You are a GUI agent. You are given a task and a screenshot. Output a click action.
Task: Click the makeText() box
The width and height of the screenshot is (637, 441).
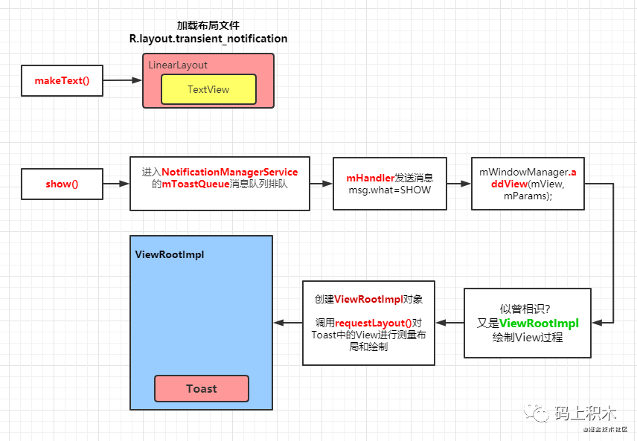(x=63, y=80)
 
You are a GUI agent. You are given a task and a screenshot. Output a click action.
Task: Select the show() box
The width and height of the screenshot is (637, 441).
(x=63, y=184)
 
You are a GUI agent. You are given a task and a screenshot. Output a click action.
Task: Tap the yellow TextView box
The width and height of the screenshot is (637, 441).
(x=208, y=89)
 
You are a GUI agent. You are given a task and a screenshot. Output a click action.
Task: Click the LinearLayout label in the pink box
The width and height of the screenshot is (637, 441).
(x=178, y=65)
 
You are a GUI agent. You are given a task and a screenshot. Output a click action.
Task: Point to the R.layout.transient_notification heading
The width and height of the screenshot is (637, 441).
(x=208, y=39)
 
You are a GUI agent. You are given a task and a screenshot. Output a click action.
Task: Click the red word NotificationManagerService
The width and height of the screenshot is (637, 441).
(x=229, y=172)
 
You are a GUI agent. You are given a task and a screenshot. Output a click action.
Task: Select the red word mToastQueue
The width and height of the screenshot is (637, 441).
(x=196, y=184)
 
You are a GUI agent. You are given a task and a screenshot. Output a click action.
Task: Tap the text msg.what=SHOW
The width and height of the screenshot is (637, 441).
(x=390, y=190)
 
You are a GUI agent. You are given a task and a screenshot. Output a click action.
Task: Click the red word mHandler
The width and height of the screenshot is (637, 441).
(x=370, y=178)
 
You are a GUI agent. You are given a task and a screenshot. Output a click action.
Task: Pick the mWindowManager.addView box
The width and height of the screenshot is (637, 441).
(x=528, y=184)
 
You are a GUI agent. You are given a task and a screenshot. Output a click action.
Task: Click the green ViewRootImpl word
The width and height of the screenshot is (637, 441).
(x=539, y=323)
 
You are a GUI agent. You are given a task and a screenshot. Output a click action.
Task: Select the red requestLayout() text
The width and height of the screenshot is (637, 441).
(x=374, y=323)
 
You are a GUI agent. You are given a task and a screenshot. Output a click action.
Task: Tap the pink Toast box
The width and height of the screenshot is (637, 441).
(x=202, y=389)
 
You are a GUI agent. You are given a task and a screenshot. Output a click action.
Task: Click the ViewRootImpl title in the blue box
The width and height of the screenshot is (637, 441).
(x=170, y=254)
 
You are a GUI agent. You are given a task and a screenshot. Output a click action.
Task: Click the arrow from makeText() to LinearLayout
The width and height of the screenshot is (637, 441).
(x=122, y=80)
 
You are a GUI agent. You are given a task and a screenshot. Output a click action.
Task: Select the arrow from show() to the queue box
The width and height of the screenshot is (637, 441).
(x=116, y=184)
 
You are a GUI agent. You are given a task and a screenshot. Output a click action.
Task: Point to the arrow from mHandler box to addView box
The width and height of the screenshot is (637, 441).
(x=459, y=184)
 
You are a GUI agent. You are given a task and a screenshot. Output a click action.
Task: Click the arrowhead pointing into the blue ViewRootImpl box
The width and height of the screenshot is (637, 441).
(x=278, y=323)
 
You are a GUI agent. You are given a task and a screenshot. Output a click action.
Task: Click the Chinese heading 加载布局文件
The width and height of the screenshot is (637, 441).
(x=208, y=25)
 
